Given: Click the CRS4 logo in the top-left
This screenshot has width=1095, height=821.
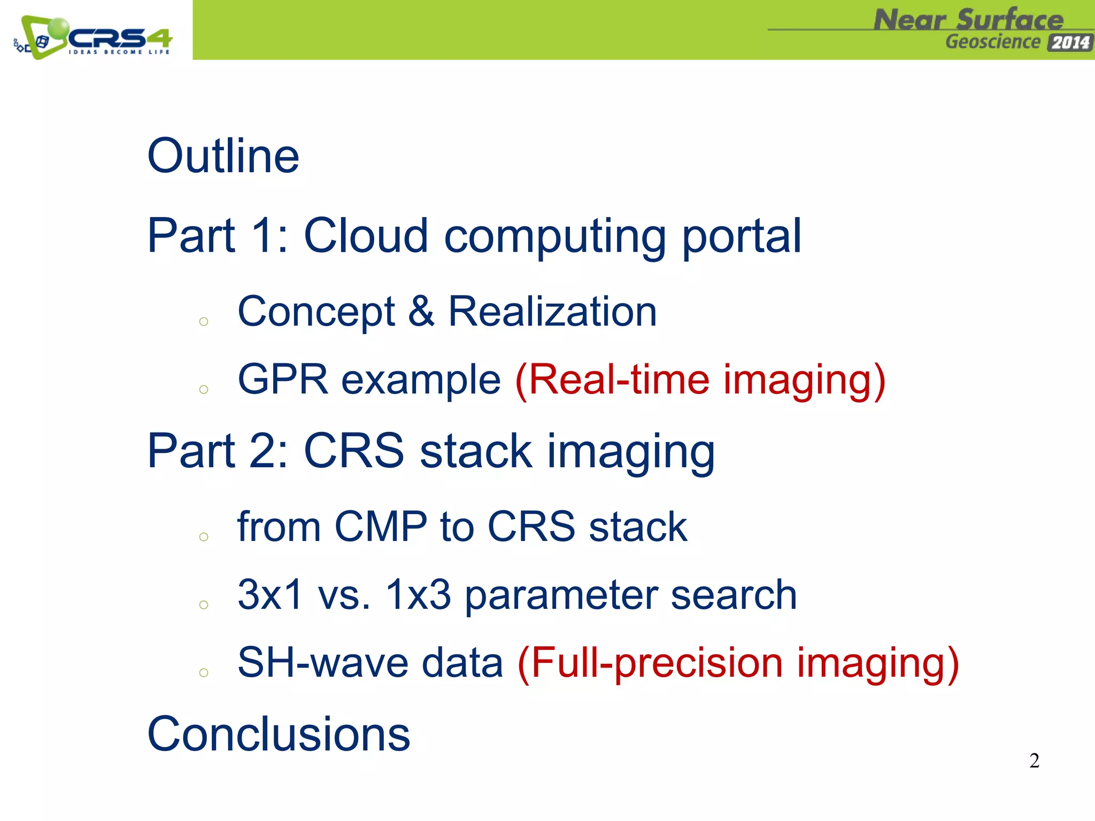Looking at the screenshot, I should click(x=94, y=37).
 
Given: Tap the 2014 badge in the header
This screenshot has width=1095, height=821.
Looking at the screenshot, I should click(x=1070, y=42).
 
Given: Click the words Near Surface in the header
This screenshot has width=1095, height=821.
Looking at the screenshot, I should click(x=968, y=20).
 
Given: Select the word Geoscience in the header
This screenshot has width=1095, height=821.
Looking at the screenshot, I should click(x=992, y=42).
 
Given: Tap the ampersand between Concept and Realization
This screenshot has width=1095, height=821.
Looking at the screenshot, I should click(x=421, y=312).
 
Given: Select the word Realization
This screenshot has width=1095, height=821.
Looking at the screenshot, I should click(x=552, y=312).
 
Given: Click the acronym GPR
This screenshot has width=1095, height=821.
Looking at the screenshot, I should click(x=283, y=379).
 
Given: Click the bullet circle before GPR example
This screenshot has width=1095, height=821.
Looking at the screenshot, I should click(x=203, y=389).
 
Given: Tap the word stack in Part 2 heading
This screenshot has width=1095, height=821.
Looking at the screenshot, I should click(x=475, y=451).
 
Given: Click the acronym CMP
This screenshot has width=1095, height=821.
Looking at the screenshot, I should click(x=380, y=527).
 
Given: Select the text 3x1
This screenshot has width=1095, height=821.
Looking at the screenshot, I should click(x=271, y=594).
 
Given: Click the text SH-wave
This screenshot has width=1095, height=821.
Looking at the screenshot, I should click(x=323, y=662).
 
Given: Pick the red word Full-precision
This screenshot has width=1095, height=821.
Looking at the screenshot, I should click(x=658, y=663).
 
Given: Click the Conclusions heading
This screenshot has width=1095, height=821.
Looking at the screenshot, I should click(x=279, y=734).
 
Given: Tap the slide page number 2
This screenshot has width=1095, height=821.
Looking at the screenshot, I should click(x=1034, y=761).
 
